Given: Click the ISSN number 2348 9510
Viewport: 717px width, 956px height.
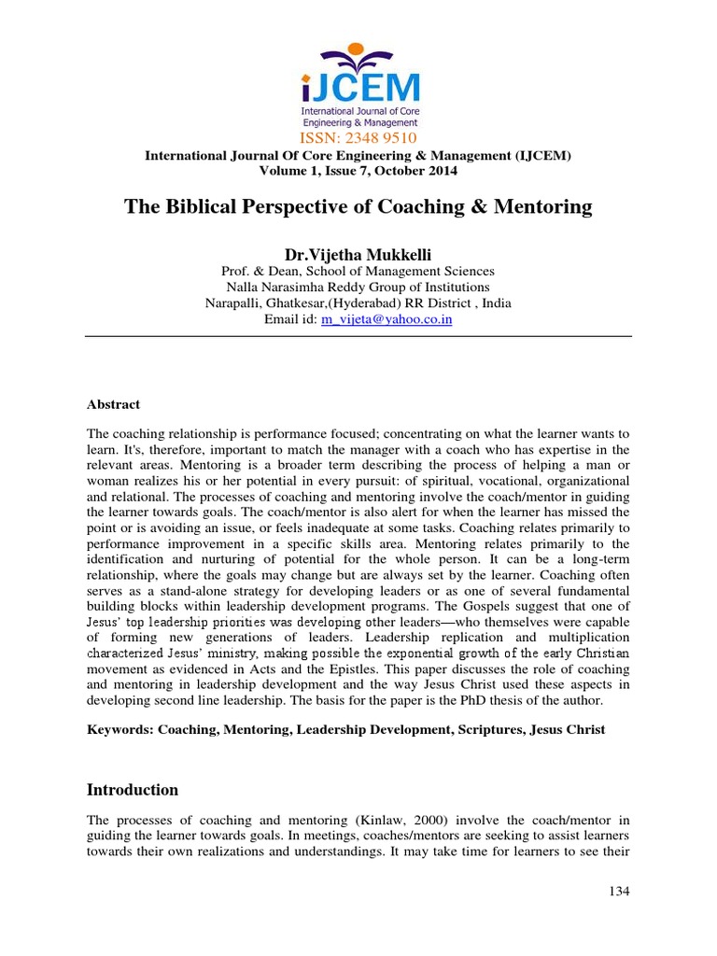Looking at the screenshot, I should (x=358, y=139).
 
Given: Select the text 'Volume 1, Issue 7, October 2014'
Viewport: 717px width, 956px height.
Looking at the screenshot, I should (x=358, y=171).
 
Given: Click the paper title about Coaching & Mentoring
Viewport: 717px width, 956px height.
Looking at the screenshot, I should (x=358, y=207).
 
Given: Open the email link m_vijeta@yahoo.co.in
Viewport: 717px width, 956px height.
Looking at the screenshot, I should (x=387, y=319).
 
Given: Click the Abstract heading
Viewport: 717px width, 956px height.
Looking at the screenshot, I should (x=113, y=404).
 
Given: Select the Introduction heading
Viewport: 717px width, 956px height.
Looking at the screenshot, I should (x=132, y=790).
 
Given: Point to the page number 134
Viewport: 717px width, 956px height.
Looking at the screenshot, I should (x=619, y=892).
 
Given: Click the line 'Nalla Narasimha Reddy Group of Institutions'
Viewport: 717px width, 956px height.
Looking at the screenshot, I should (x=358, y=288).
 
